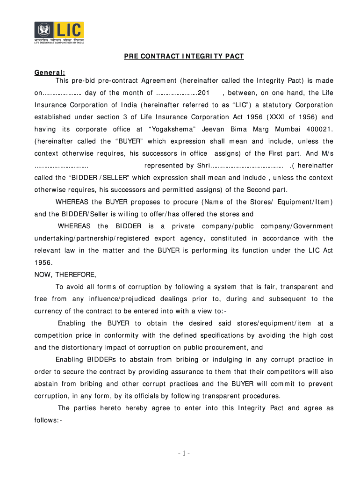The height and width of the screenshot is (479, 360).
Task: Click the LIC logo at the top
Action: tap(59, 32)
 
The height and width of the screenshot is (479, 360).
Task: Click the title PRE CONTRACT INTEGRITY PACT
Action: tap(184, 57)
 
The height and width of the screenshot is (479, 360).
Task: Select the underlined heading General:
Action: tap(50, 73)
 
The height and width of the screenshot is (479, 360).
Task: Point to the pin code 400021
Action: tap(319, 129)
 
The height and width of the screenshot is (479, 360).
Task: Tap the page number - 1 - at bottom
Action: tap(180, 453)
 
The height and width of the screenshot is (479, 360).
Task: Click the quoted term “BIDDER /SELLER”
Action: tap(94, 178)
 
